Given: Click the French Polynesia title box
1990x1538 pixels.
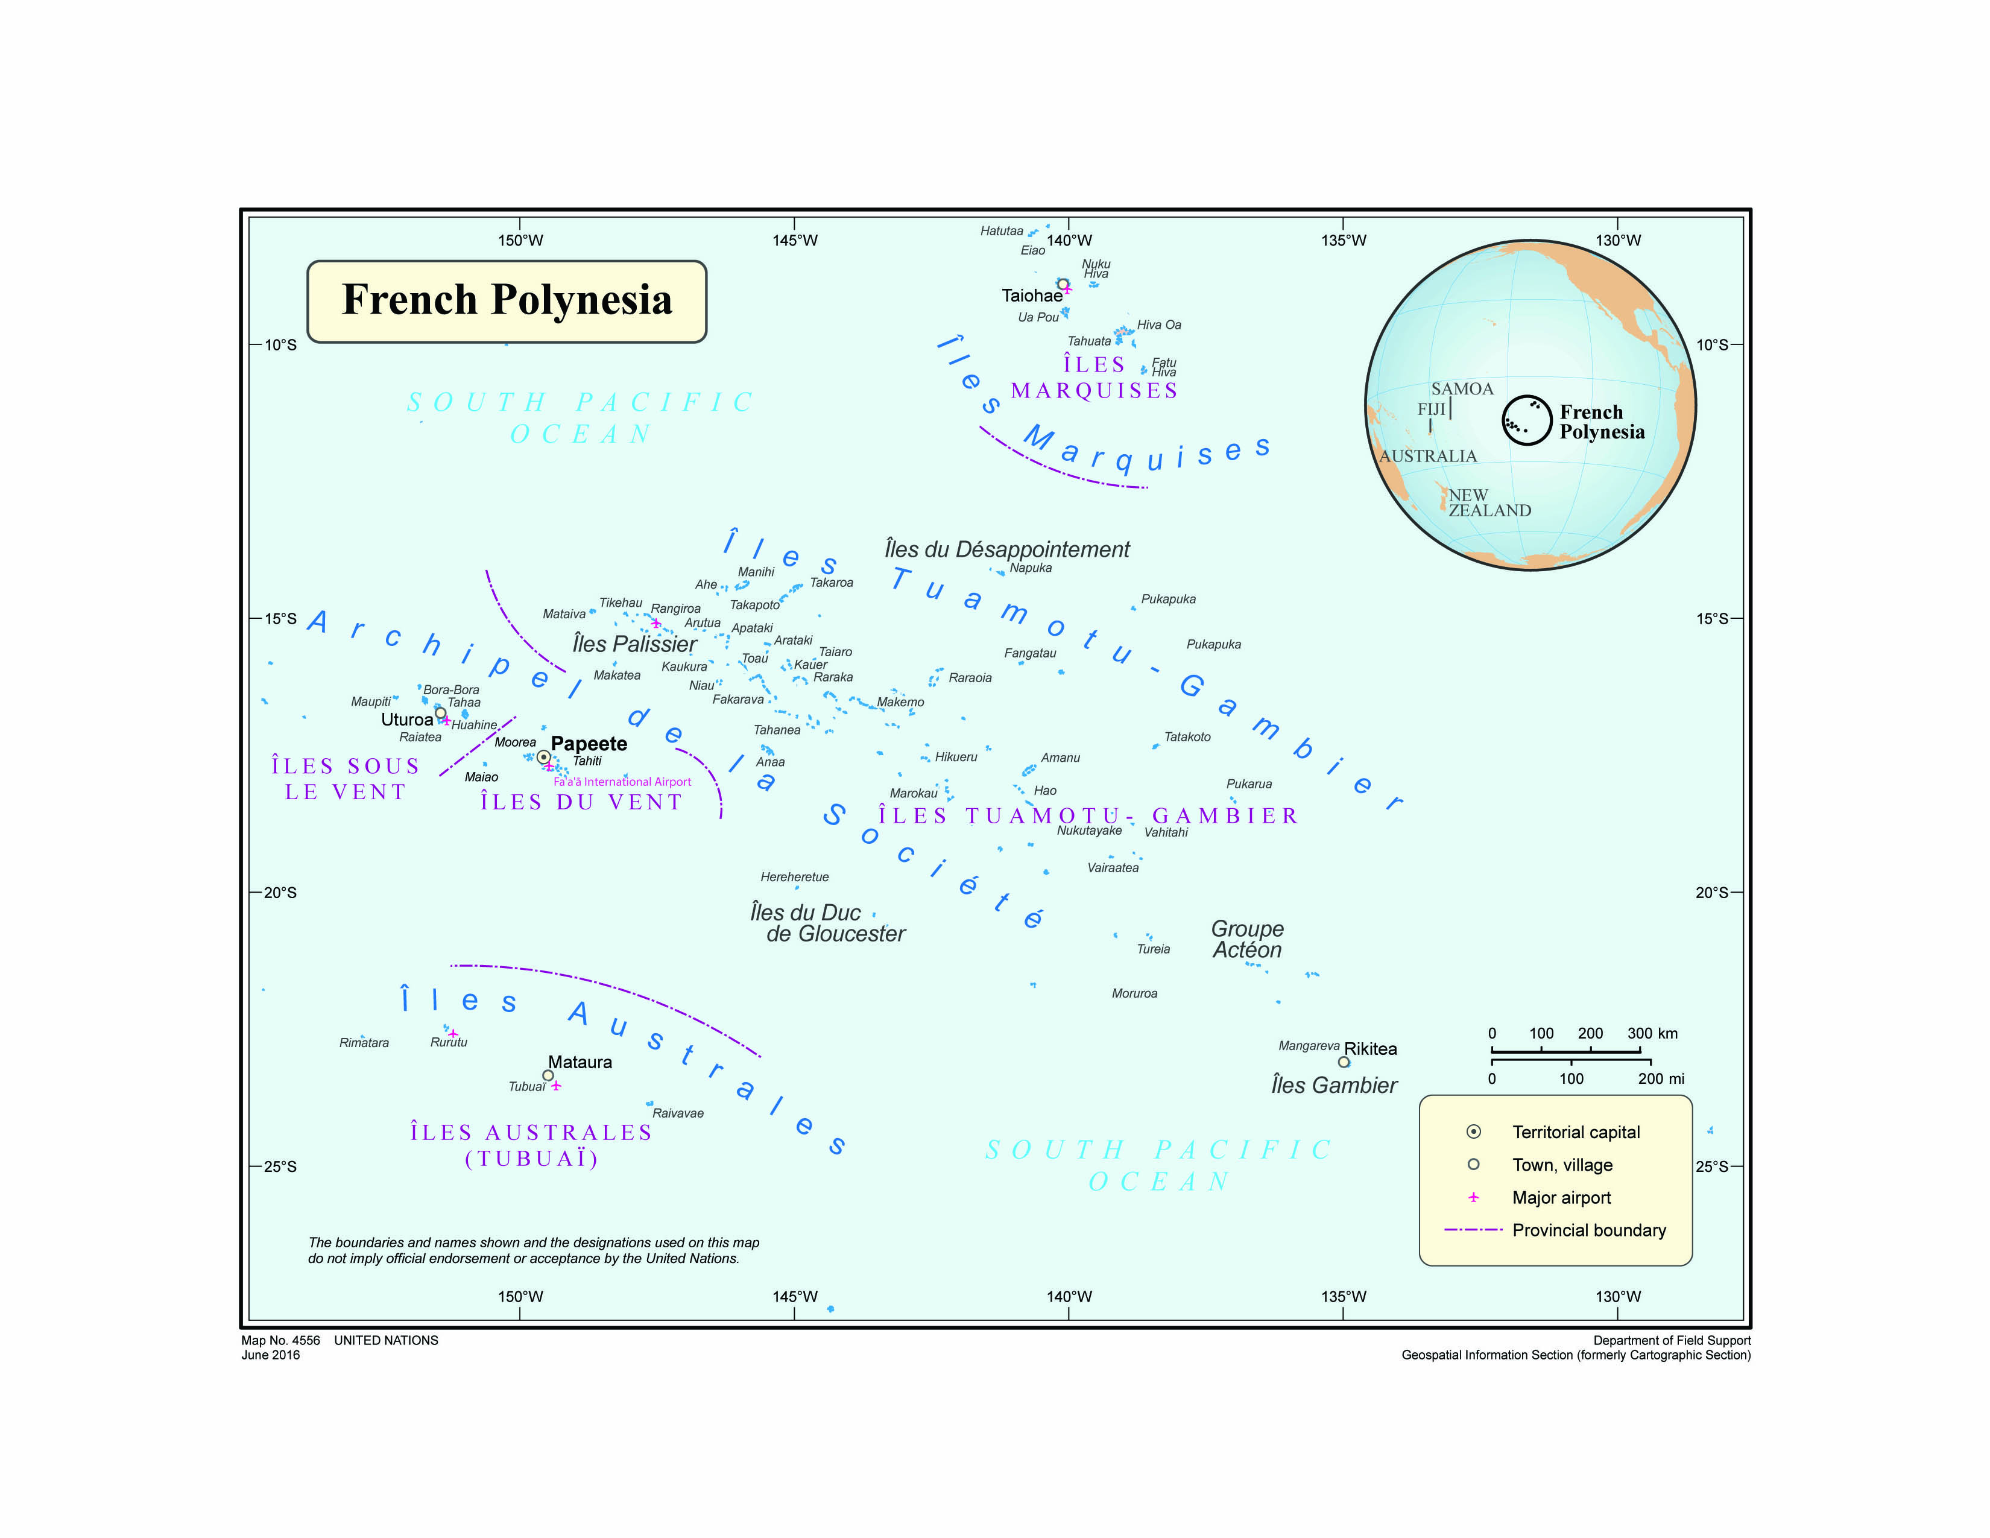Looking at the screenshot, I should tap(507, 301).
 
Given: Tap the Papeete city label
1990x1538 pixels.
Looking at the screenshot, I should tap(589, 744).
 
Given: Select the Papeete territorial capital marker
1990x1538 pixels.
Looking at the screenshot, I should tap(543, 757).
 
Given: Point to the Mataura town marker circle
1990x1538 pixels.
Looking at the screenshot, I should tap(548, 1075).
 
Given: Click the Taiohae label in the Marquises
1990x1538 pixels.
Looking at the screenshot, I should tap(1031, 295).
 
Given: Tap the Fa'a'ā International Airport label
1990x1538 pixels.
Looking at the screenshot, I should tap(622, 782).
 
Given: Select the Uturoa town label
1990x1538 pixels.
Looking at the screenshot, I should tap(406, 719).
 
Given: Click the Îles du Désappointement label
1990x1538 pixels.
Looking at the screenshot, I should tap(1007, 549).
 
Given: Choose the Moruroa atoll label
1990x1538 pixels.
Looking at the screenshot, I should tap(1134, 993).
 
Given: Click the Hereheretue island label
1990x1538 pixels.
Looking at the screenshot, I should tap(795, 876).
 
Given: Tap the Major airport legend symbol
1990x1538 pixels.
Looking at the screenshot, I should tap(1473, 1197).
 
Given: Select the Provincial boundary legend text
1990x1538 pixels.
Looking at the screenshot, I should tap(1589, 1230).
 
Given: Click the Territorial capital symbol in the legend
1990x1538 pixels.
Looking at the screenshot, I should tap(1473, 1131).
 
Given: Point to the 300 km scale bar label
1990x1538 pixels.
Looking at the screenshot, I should tap(1652, 1033).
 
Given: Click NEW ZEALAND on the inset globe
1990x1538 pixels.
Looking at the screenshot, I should tap(1489, 503).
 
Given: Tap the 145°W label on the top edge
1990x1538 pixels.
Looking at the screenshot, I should tap(795, 241).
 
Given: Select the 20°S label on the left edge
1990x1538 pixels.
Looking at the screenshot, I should tap(280, 892).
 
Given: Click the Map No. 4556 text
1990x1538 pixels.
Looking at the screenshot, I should tap(280, 1340).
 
